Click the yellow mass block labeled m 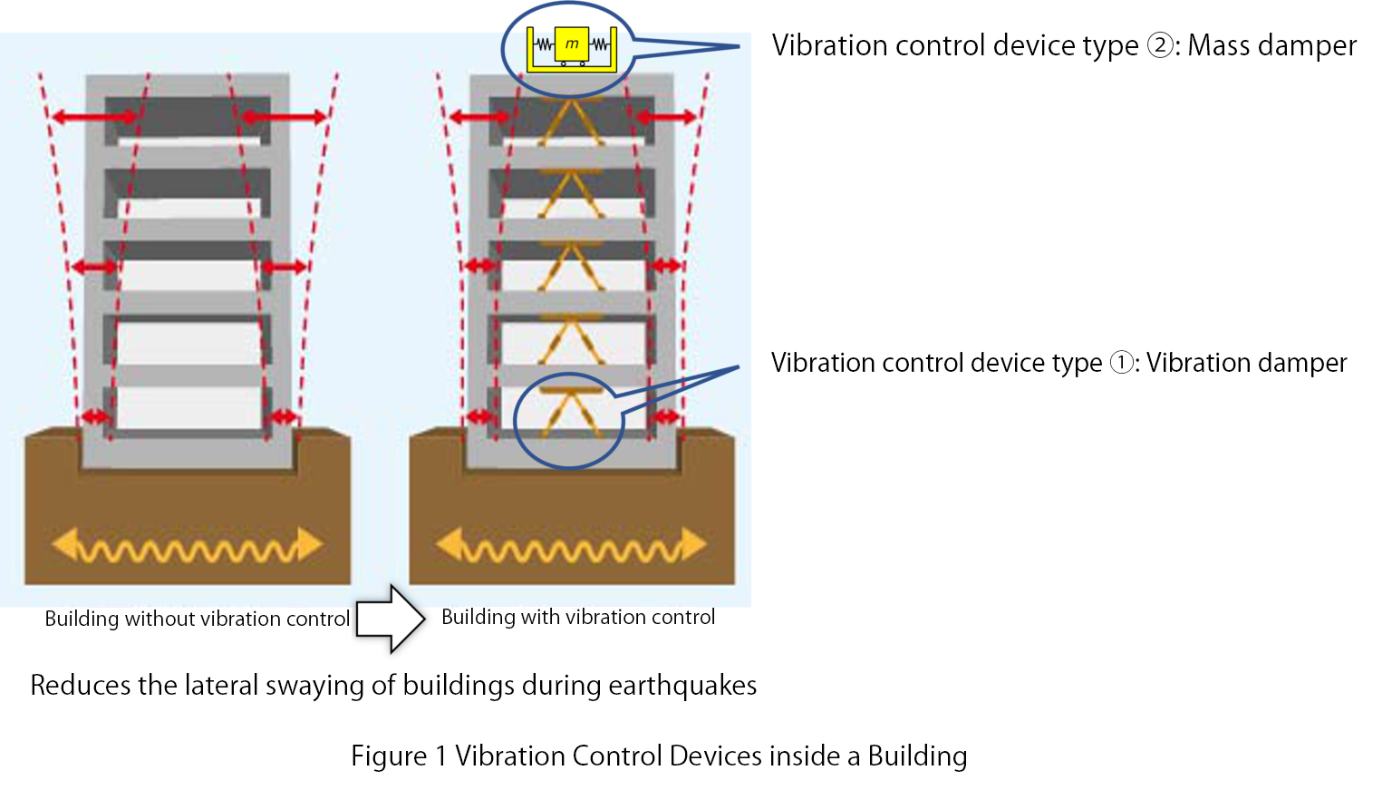(x=572, y=44)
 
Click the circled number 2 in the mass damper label (x=1160, y=45)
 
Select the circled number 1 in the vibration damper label (x=1122, y=363)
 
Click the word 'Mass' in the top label (x=1218, y=45)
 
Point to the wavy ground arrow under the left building (x=188, y=546)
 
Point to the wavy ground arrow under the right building (x=572, y=546)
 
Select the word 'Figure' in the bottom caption (x=389, y=756)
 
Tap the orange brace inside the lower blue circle (x=570, y=414)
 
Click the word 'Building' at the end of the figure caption (x=917, y=756)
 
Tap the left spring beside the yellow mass (x=544, y=44)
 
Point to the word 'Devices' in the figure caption (x=711, y=756)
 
